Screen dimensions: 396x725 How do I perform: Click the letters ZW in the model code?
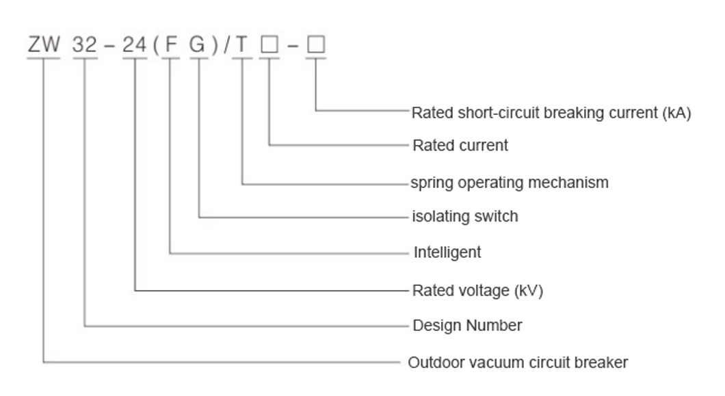44,46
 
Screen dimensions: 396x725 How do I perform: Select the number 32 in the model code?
85,46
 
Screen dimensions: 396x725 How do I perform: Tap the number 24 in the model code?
134,46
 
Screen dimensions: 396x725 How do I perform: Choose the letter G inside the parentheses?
198,46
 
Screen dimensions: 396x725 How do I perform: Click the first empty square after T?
270,46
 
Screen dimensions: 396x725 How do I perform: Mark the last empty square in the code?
316,46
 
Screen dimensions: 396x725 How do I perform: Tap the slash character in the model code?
226,46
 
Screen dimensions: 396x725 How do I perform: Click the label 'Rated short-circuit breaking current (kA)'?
551,113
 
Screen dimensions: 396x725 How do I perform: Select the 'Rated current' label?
460,146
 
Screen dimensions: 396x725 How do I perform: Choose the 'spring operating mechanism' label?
509,183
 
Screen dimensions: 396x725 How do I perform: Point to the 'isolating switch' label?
464,217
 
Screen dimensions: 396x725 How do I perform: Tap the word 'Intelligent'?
447,252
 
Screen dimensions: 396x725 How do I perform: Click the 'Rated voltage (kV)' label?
477,291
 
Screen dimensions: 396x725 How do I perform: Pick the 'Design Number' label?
467,326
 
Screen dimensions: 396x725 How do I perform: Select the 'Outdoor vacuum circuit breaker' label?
518,362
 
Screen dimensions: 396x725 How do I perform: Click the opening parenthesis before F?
155,46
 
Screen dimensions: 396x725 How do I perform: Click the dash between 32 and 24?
109,46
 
